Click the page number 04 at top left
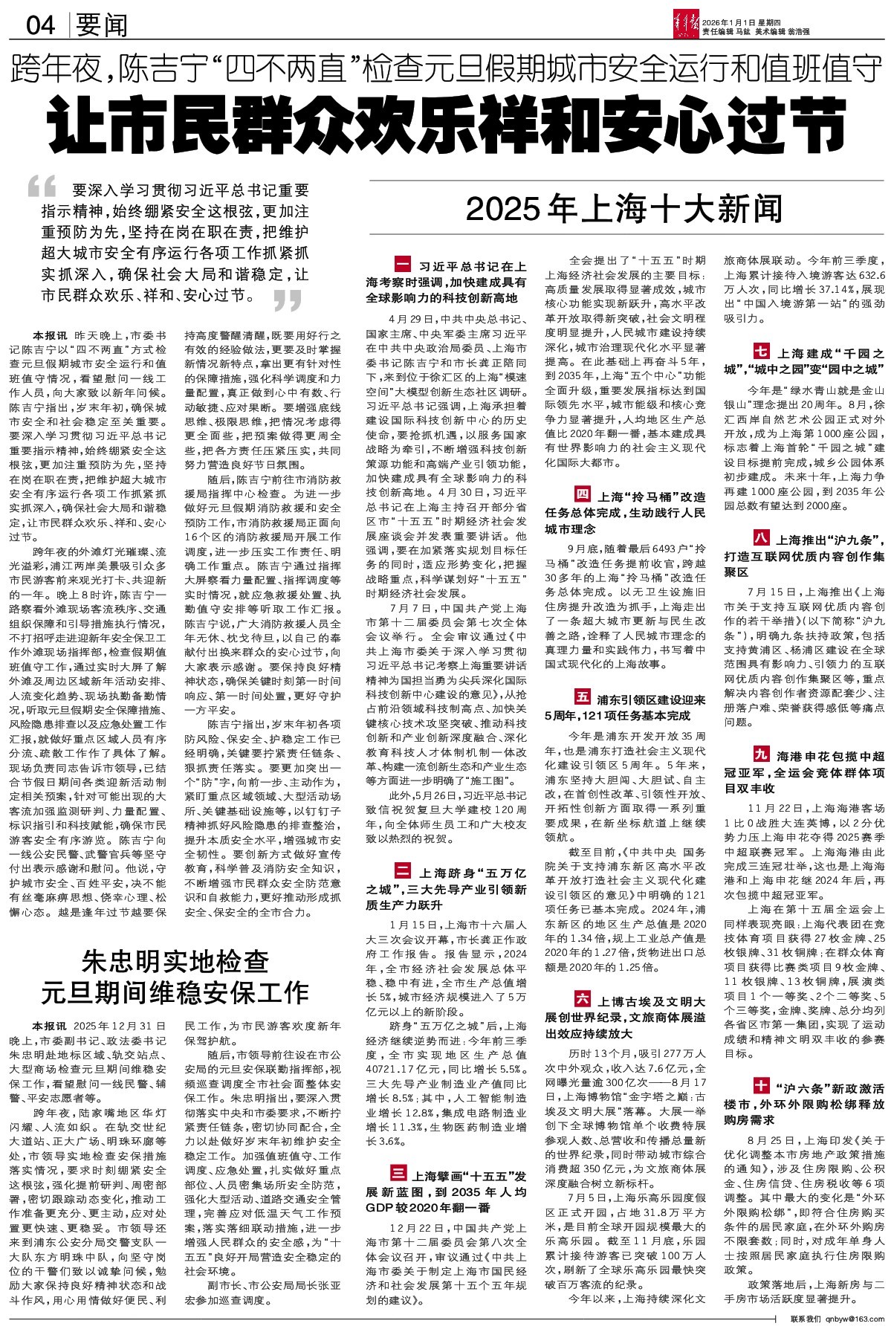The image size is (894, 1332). tap(41, 27)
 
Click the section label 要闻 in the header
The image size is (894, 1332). tap(102, 27)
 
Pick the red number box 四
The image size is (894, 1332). tap(582, 494)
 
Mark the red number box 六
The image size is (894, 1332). tap(582, 1000)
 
